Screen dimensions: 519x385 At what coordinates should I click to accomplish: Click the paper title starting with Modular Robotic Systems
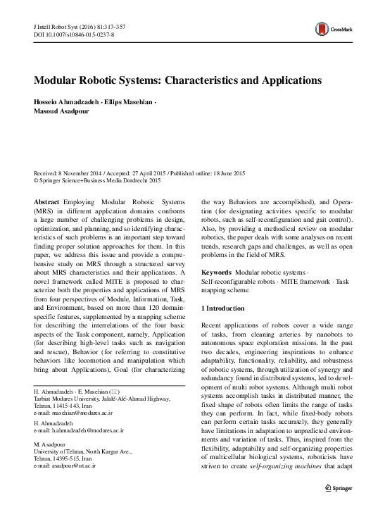pyautogui.click(x=178, y=81)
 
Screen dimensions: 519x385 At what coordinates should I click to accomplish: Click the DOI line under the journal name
pyautogui.click(x=74, y=33)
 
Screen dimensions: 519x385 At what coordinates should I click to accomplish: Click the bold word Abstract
pyautogui.click(x=46, y=201)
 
